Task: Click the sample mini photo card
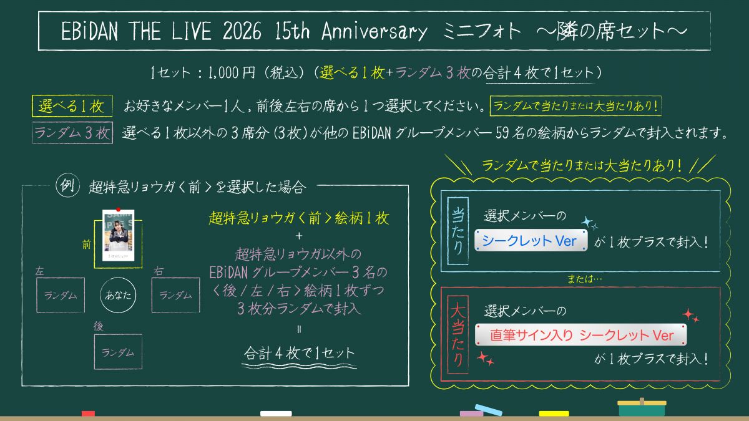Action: click(119, 235)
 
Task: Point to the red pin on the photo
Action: click(118, 210)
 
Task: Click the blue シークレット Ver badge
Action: click(531, 240)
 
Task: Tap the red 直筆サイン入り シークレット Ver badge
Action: click(581, 335)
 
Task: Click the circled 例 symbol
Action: click(67, 185)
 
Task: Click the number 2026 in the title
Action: click(242, 31)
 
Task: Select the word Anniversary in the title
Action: click(374, 31)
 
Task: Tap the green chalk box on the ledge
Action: click(642, 408)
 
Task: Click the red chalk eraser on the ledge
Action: click(88, 414)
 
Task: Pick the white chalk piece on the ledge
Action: click(276, 414)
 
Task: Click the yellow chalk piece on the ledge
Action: click(554, 414)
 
